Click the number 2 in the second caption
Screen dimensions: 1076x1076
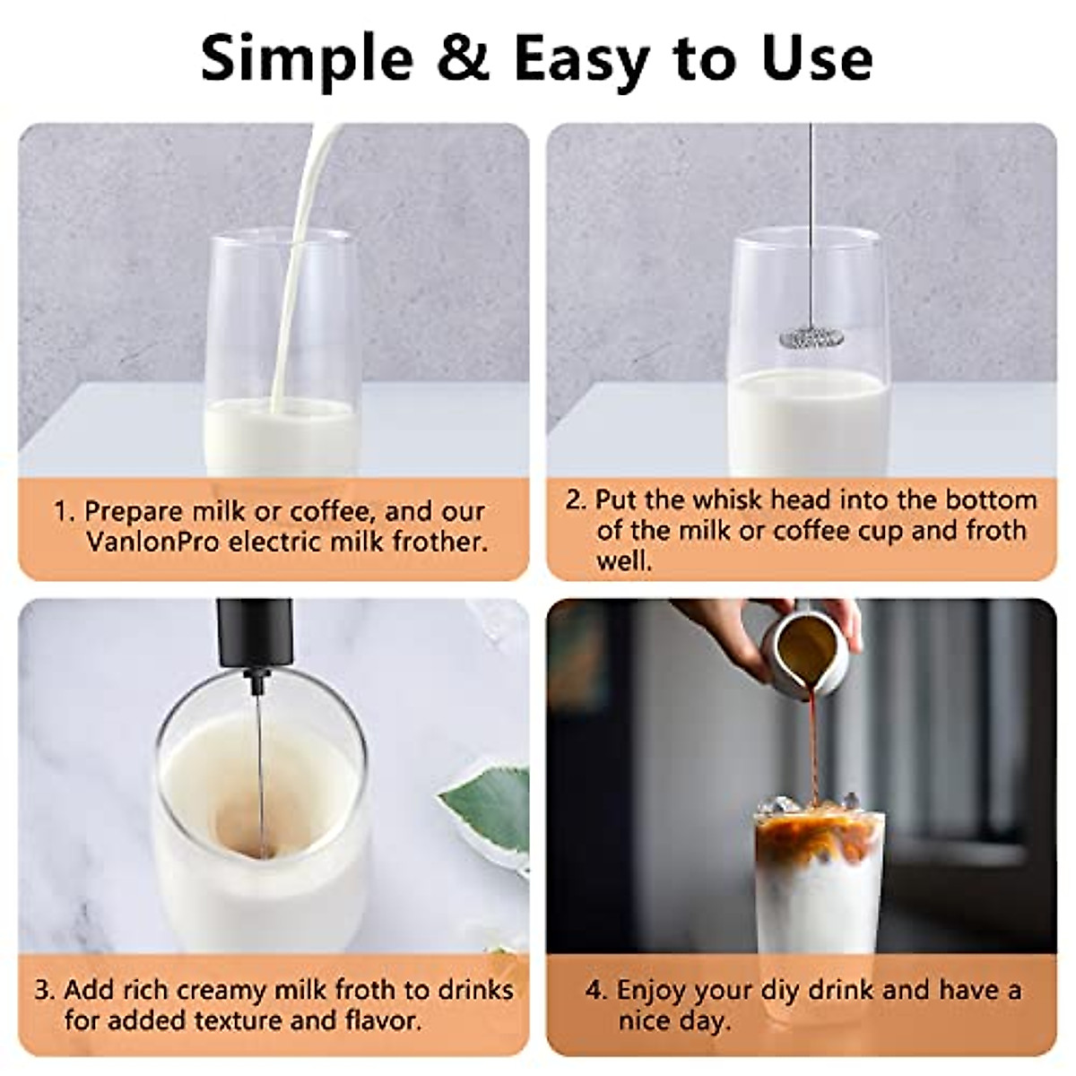[x=574, y=499]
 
